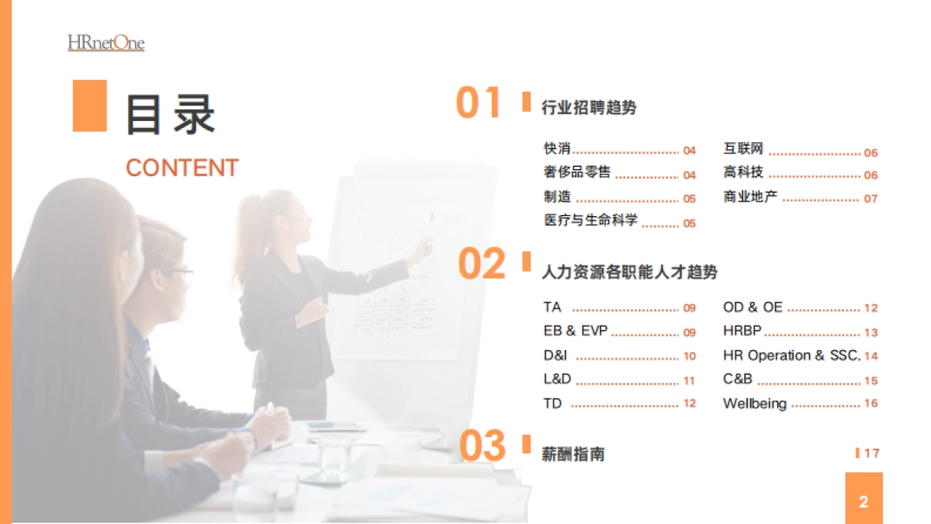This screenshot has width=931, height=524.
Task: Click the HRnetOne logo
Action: (x=106, y=43)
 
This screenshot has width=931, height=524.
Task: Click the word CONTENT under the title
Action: (x=182, y=168)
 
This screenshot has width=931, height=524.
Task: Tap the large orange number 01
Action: (x=479, y=103)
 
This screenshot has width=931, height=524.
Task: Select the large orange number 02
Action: (x=482, y=265)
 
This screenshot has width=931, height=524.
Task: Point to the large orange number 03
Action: (x=483, y=446)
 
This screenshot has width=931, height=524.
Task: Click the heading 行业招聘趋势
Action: (x=589, y=108)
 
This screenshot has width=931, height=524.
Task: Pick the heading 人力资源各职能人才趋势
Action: (x=629, y=272)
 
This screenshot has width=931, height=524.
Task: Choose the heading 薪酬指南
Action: (x=573, y=454)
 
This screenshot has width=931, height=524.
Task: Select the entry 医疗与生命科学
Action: (x=591, y=220)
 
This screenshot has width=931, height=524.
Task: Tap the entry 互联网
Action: (x=743, y=149)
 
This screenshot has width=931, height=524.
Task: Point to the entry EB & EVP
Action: (x=576, y=331)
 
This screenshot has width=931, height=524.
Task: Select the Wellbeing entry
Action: (x=755, y=404)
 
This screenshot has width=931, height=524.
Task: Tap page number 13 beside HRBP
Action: (x=871, y=332)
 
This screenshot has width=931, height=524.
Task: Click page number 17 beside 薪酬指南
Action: (x=871, y=453)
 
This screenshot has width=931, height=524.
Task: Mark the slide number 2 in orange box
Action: (x=864, y=501)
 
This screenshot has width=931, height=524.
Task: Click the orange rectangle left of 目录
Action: (x=90, y=106)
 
